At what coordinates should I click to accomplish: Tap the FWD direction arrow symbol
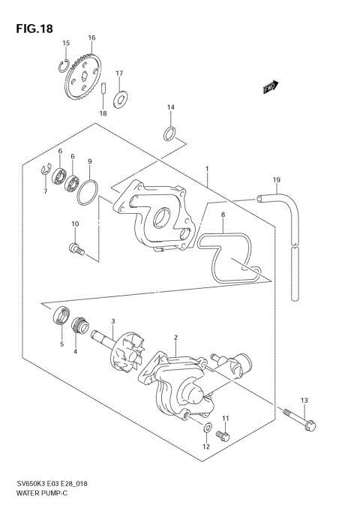(271, 89)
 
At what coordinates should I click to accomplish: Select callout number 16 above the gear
(91, 38)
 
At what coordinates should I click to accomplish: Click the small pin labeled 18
(103, 92)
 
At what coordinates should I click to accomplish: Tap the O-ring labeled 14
(170, 136)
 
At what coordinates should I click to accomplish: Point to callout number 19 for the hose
(277, 179)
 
